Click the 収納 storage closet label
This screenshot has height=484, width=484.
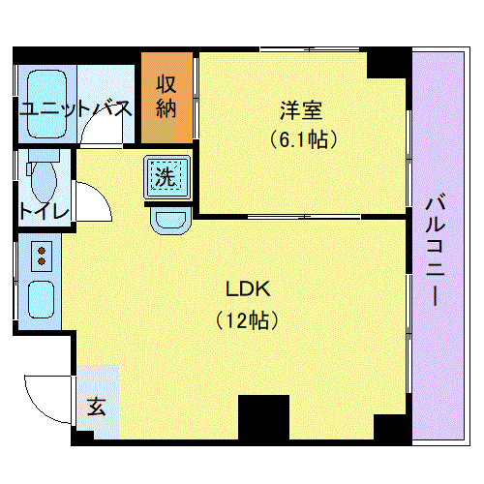click(166, 97)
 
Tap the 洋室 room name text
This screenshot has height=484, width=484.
click(301, 110)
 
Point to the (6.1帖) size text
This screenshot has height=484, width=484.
click(304, 139)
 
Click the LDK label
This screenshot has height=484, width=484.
click(248, 288)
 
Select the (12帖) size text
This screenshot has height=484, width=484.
click(247, 320)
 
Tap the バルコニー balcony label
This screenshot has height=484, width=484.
click(436, 249)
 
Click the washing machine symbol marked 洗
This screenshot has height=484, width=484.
click(166, 176)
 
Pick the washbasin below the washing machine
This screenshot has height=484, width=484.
click(169, 221)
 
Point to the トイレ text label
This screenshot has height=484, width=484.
click(45, 211)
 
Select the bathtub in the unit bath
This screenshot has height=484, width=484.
click(47, 104)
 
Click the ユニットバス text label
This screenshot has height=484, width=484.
click(76, 108)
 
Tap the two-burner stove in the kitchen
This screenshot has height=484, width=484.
click(42, 257)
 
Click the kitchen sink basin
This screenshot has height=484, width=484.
click(41, 299)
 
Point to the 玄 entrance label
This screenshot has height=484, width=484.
click(97, 407)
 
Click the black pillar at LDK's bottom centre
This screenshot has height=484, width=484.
click(263, 417)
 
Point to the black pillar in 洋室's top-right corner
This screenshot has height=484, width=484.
click(386, 65)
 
